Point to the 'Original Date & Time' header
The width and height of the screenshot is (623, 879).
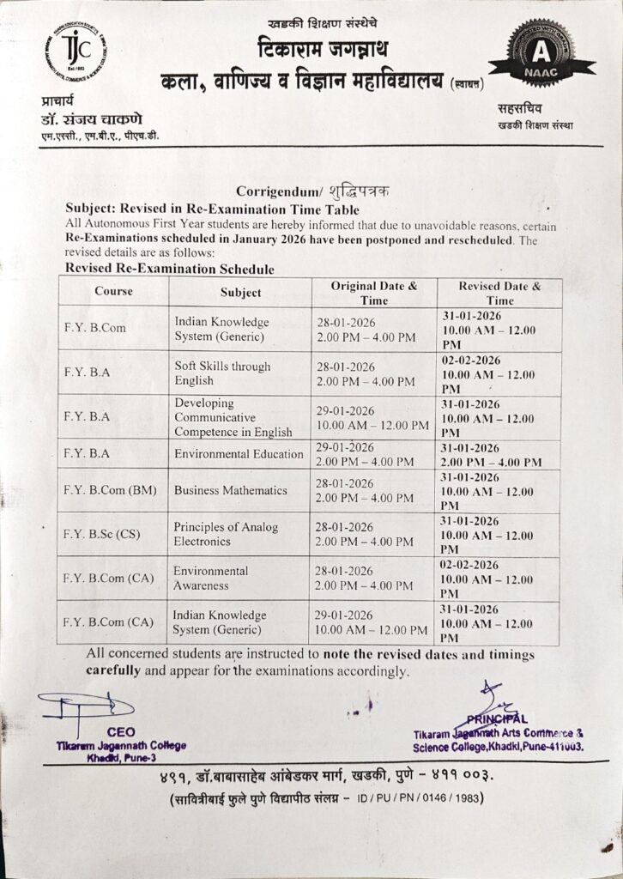tap(374, 293)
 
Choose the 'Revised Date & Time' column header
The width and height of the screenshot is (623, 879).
tap(499, 293)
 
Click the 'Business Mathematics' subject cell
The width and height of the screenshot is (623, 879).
tap(230, 490)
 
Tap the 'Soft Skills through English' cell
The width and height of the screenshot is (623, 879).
tap(222, 373)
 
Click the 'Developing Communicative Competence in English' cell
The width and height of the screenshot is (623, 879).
tap(233, 416)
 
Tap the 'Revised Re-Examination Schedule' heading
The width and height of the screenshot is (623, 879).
tap(170, 269)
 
